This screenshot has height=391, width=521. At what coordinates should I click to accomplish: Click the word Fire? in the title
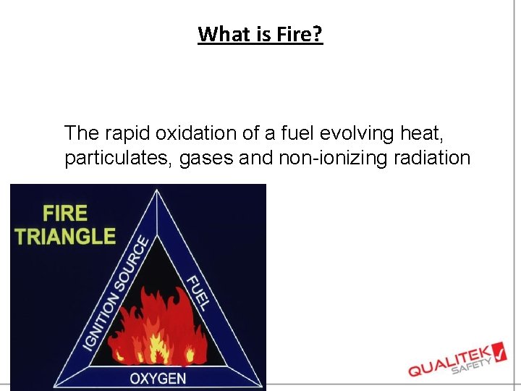click(x=300, y=34)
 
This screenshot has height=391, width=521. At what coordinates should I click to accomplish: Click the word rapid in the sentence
click(x=119, y=134)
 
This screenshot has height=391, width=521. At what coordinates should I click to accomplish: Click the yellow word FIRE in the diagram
click(x=65, y=213)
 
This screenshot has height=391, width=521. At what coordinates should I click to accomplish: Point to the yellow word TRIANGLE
click(x=66, y=236)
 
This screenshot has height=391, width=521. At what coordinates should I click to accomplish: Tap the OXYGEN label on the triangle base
click(x=158, y=378)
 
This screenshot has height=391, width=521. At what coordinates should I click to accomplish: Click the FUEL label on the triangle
click(x=197, y=293)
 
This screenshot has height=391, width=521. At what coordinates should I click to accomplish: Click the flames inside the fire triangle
click(x=158, y=326)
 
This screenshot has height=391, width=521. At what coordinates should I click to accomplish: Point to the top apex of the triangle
click(x=158, y=190)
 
